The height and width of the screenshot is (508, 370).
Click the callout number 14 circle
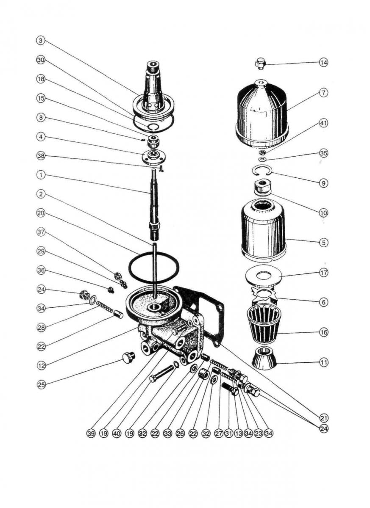(x=324, y=63)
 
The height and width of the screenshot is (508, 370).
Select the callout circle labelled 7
(x=324, y=92)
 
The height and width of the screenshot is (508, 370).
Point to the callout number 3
(x=41, y=41)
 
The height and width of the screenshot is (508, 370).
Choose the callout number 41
(x=324, y=123)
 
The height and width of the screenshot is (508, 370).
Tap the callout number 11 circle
(x=324, y=363)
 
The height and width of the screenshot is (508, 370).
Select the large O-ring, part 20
(x=153, y=267)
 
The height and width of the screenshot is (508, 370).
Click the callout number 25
(x=41, y=385)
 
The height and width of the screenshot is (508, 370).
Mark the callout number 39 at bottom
(x=91, y=433)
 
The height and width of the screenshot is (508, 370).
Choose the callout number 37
(x=41, y=232)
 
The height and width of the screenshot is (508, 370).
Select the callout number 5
(x=324, y=243)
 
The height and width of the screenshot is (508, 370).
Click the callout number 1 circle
(x=41, y=174)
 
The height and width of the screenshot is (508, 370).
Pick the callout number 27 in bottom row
(x=219, y=433)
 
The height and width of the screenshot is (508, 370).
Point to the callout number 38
(x=41, y=155)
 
